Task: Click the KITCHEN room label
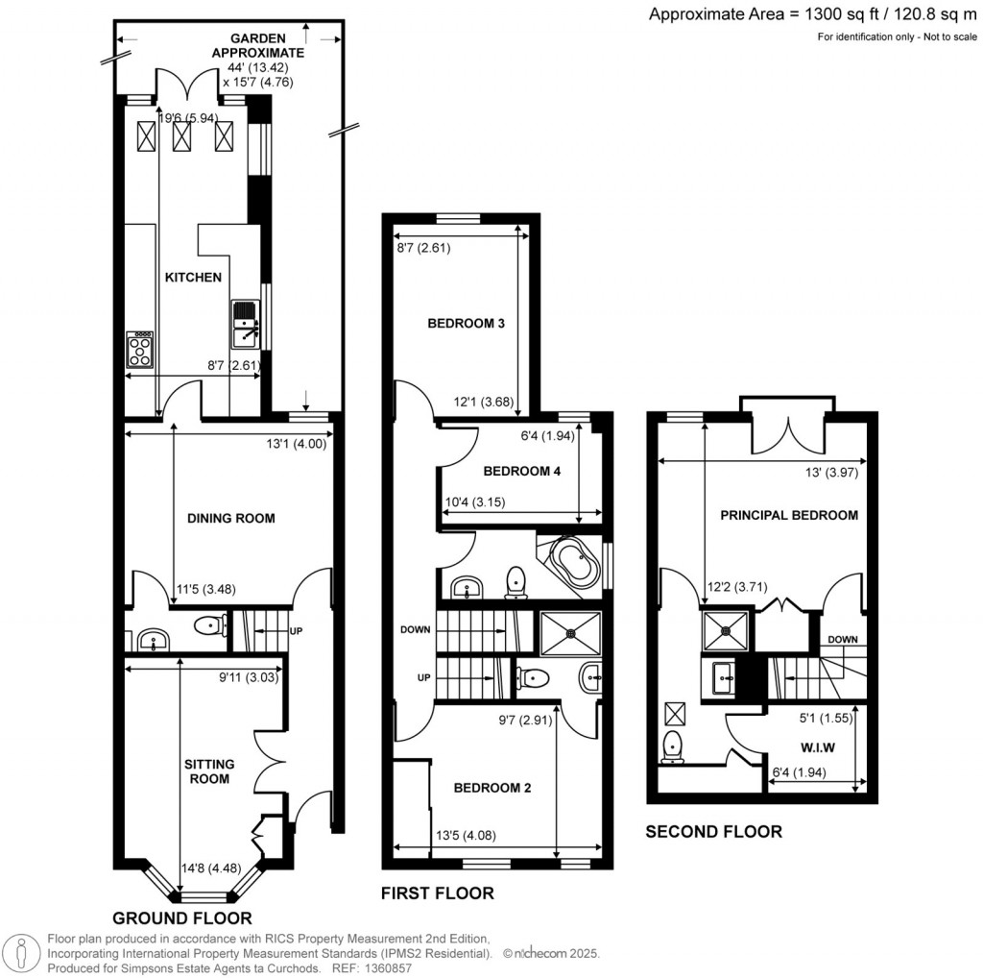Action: pos(194,278)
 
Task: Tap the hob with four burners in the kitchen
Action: pos(139,349)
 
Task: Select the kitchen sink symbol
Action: pos(244,324)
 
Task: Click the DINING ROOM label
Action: pos(230,518)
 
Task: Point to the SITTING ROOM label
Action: pos(208,770)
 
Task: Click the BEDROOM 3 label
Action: pos(466,324)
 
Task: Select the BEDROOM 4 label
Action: pos(521,472)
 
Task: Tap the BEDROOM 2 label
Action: pos(491,788)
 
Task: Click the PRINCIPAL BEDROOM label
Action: pos(789,515)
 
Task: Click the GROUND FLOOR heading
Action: pos(182,917)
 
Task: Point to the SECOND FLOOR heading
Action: pos(713,832)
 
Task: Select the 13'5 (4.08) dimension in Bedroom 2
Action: pos(466,834)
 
